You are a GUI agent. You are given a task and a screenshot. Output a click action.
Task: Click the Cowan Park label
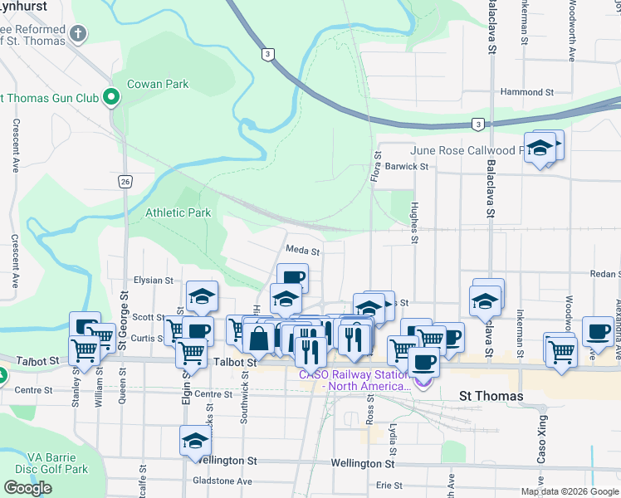pos(158,84)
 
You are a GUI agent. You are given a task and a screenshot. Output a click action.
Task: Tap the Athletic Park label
pos(178,213)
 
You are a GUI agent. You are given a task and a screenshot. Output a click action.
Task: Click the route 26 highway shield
pos(125,181)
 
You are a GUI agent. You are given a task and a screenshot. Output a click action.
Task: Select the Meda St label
pos(302,249)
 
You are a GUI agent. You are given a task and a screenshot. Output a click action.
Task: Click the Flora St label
pos(376,166)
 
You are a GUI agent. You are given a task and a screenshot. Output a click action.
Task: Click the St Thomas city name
pos(491,396)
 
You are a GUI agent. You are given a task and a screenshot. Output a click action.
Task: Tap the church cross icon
pos(78,34)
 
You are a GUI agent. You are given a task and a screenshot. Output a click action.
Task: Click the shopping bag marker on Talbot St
pos(258,339)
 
